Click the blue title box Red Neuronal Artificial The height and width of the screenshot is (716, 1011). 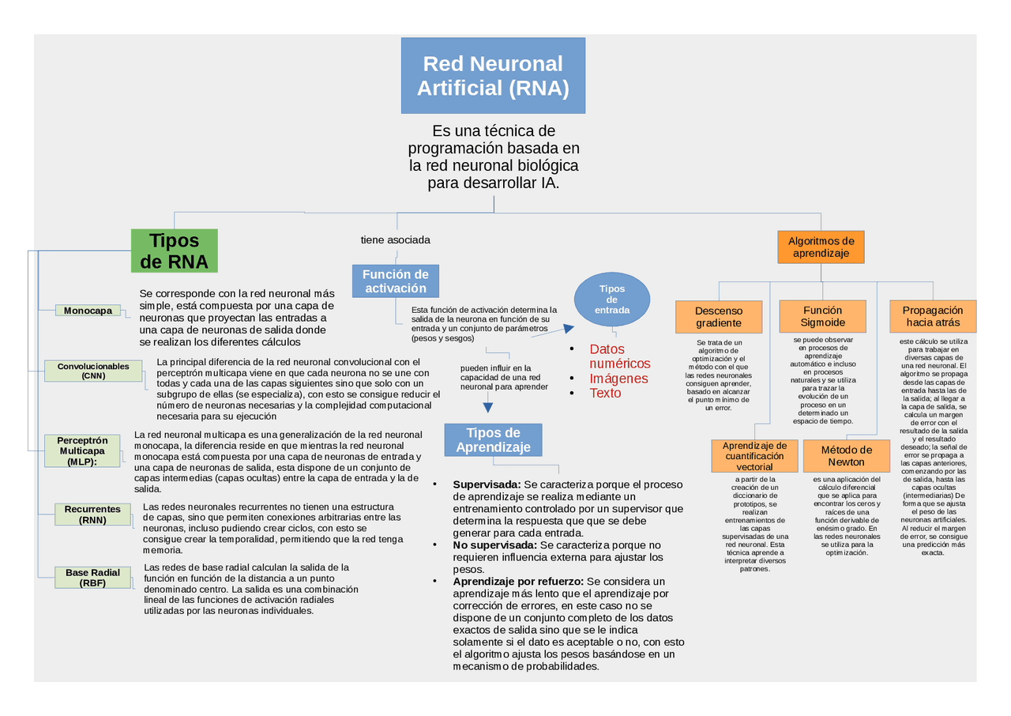[493, 75]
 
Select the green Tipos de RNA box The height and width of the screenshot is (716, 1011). [174, 251]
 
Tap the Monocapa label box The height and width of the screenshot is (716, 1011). [88, 311]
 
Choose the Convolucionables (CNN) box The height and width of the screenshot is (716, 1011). [93, 371]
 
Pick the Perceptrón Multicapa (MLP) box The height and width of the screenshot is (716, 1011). [88, 450]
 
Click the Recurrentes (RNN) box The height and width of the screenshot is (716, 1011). [92, 514]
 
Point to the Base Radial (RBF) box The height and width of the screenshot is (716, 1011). [92, 578]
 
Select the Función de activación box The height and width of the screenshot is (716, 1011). [395, 281]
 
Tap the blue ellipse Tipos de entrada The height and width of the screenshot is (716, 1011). [611, 300]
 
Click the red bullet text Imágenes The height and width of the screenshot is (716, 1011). [618, 379]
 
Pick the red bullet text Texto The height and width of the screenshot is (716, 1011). [605, 393]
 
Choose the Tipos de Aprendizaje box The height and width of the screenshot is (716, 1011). [493, 440]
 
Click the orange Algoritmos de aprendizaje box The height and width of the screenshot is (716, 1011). [821, 247]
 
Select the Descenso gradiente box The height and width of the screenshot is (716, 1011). [719, 317]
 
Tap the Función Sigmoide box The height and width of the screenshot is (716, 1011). [822, 316]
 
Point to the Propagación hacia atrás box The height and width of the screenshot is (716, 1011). [933, 316]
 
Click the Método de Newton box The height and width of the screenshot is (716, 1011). [846, 456]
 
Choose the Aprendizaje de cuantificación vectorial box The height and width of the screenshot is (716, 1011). [754, 456]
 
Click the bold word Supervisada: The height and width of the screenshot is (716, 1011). [487, 484]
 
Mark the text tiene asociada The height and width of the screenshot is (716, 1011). [395, 239]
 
